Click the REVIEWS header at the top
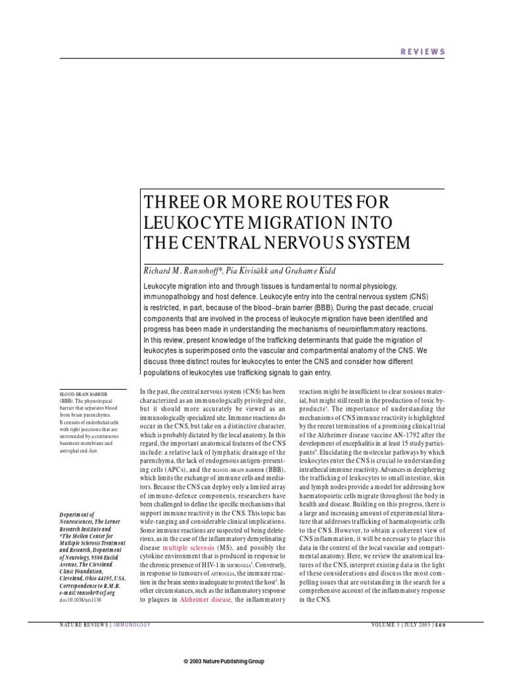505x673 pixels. pos(423,52)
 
